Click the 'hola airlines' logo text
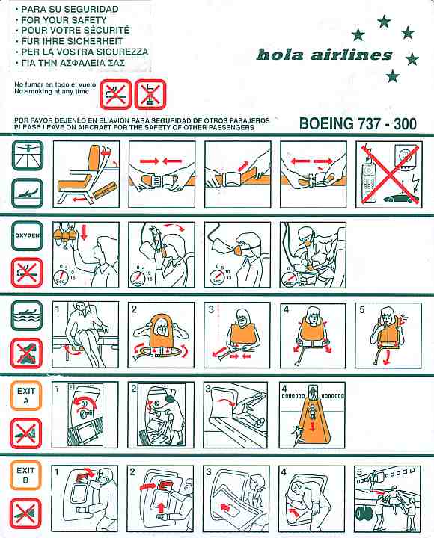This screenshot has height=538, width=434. click(x=324, y=55)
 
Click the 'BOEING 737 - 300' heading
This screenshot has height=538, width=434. click(x=358, y=123)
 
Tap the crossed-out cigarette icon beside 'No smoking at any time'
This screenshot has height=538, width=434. click(x=115, y=93)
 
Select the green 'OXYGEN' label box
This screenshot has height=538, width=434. click(x=28, y=235)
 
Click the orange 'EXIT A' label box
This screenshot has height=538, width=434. click(x=26, y=395)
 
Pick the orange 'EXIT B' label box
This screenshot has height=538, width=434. click(x=26, y=475)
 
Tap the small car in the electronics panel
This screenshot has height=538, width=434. click(x=400, y=199)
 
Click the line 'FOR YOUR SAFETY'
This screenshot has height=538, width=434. click(x=64, y=20)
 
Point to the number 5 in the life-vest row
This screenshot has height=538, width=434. click(x=362, y=310)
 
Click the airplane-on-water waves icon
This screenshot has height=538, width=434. click(x=27, y=315)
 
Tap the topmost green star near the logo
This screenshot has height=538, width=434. click(x=384, y=22)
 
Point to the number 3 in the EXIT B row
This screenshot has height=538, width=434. click(x=209, y=471)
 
